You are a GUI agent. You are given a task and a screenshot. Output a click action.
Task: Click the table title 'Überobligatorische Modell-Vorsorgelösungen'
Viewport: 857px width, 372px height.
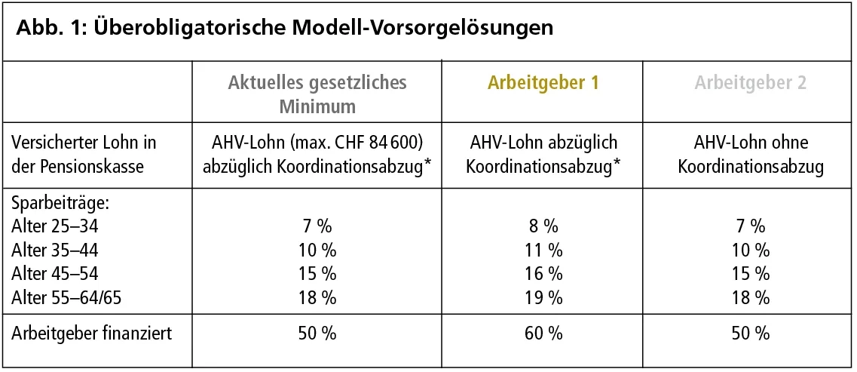[324, 29]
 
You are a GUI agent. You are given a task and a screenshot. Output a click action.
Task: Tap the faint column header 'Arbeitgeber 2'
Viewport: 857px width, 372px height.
[750, 83]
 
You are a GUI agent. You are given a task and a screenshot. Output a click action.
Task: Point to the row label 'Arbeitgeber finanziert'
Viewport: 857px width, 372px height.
[91, 333]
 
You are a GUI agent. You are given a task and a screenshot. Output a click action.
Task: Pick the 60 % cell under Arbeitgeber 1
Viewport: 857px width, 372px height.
[542, 333]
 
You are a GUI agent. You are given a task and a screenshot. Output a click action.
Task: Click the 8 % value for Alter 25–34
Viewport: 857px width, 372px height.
[542, 226]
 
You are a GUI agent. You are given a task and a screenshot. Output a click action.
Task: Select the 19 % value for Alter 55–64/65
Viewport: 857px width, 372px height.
[542, 298]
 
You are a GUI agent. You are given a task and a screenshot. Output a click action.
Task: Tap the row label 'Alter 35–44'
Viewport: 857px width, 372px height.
[55, 250]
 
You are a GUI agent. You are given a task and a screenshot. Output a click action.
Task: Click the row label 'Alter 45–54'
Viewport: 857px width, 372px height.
[55, 274]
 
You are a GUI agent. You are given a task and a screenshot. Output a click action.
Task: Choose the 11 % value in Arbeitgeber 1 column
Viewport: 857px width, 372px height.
[542, 250]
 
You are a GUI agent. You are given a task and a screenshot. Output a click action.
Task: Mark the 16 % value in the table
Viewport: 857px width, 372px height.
[542, 274]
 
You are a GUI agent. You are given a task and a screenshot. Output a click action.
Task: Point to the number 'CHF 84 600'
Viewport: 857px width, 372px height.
[384, 143]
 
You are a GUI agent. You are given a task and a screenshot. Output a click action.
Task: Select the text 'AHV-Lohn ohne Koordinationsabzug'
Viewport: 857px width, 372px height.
[750, 154]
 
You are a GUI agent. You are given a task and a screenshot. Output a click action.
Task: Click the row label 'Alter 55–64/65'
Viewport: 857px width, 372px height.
[66, 298]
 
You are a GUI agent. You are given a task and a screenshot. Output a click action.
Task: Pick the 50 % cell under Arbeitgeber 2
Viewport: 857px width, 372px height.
[750, 333]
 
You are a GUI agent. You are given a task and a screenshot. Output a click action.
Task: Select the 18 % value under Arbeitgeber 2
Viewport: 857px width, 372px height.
[750, 298]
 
